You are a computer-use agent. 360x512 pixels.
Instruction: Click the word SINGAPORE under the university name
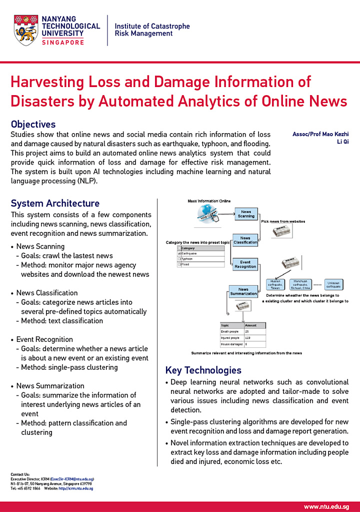pyautogui.click(x=62, y=43)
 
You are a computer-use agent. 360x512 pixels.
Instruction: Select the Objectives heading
pyautogui.click(x=33, y=124)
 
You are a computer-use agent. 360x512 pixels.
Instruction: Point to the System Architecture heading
pyautogui.click(x=55, y=203)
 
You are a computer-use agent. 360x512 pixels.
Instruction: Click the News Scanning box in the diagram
pyautogui.click(x=246, y=214)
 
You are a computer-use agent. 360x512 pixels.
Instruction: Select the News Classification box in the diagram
pyautogui.click(x=245, y=240)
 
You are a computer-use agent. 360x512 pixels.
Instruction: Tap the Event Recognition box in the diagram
pyautogui.click(x=245, y=264)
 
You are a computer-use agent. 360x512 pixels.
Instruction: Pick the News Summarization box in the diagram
pyautogui.click(x=243, y=291)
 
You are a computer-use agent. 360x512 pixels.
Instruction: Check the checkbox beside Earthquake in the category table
pyautogui.click(x=179, y=254)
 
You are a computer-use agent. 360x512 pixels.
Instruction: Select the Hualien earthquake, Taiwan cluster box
pyautogui.click(x=275, y=285)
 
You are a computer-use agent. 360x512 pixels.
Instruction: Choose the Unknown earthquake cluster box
pyautogui.click(x=333, y=285)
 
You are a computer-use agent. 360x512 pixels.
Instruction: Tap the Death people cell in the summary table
pyautogui.click(x=231, y=331)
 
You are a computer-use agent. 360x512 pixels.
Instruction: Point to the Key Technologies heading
pyautogui.click(x=203, y=370)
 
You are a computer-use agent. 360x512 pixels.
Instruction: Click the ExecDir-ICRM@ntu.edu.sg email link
pyautogui.click(x=72, y=479)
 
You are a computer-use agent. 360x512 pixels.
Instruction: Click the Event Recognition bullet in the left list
pyautogui.click(x=44, y=339)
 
